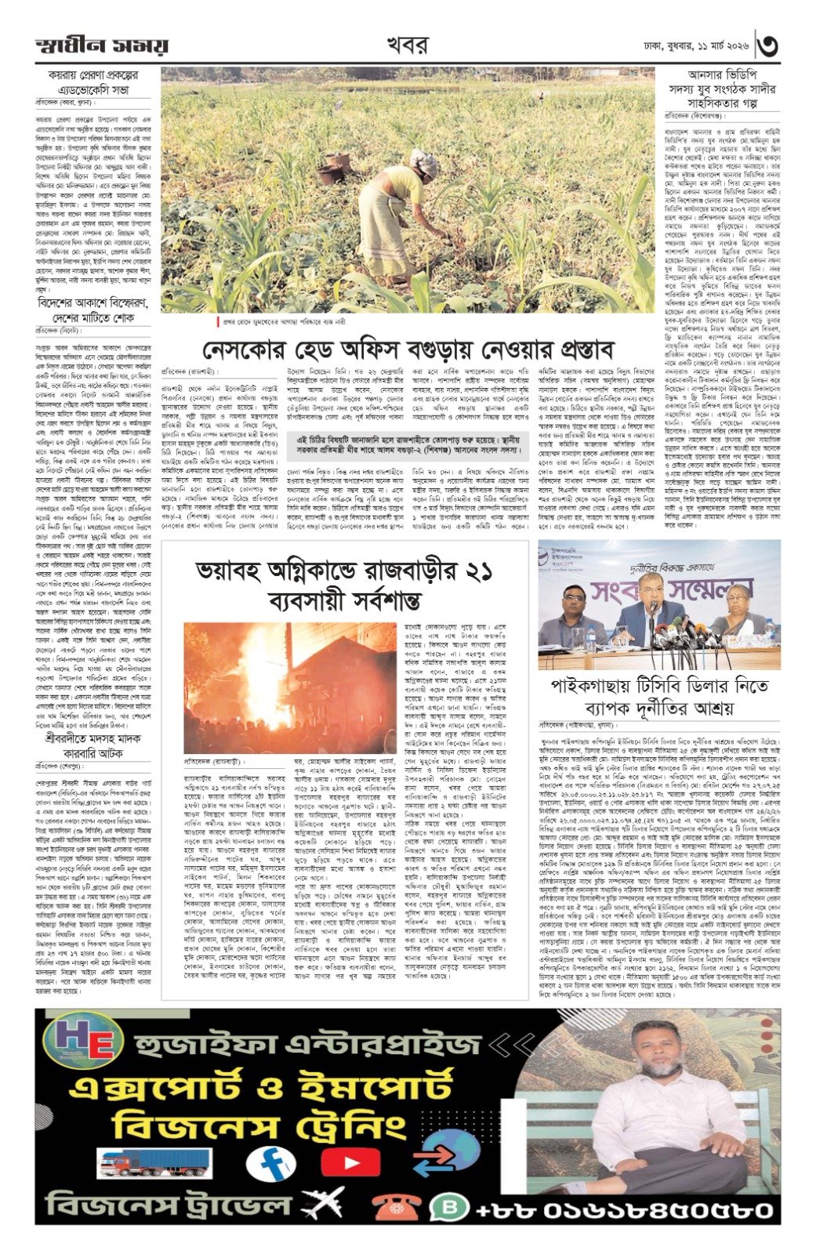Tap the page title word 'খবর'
coord(407,45)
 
